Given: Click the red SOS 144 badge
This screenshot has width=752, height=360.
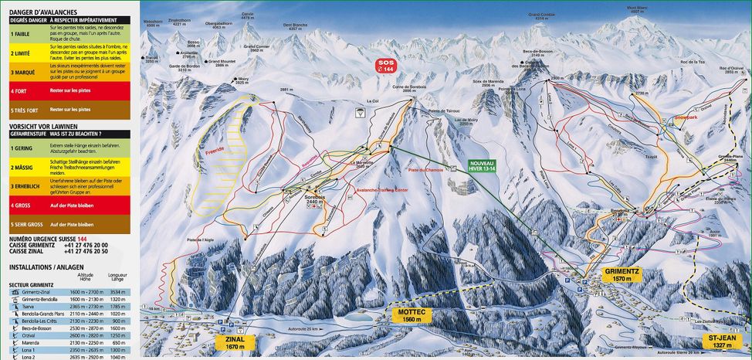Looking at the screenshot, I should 384,66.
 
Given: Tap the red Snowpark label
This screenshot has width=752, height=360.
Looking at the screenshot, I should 685,117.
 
